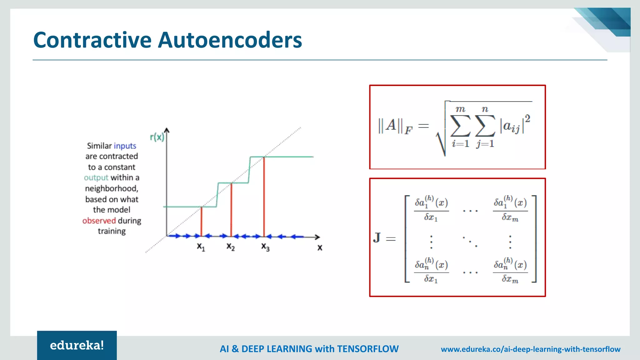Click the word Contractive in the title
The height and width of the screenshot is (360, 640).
coord(92,40)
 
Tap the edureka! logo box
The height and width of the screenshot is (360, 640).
coord(77,345)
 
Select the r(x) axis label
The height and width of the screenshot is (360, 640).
coord(157,137)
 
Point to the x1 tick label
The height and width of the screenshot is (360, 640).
coord(201,247)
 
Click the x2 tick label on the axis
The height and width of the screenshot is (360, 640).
coord(231,247)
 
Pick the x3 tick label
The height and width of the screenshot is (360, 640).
coord(265,247)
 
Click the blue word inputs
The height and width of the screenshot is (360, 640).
coord(125,146)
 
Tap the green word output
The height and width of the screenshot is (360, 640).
coord(96,177)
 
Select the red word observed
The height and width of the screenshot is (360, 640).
coord(99,221)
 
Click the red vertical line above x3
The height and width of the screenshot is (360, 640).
coord(264,197)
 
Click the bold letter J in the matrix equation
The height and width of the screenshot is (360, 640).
coord(377,237)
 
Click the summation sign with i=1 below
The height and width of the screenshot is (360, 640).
coord(460,126)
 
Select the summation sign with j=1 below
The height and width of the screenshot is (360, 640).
coord(485,126)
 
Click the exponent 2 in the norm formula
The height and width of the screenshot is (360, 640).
coord(527,118)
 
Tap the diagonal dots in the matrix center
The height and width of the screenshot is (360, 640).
coord(470,242)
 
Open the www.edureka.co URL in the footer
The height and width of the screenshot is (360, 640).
coord(530,349)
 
